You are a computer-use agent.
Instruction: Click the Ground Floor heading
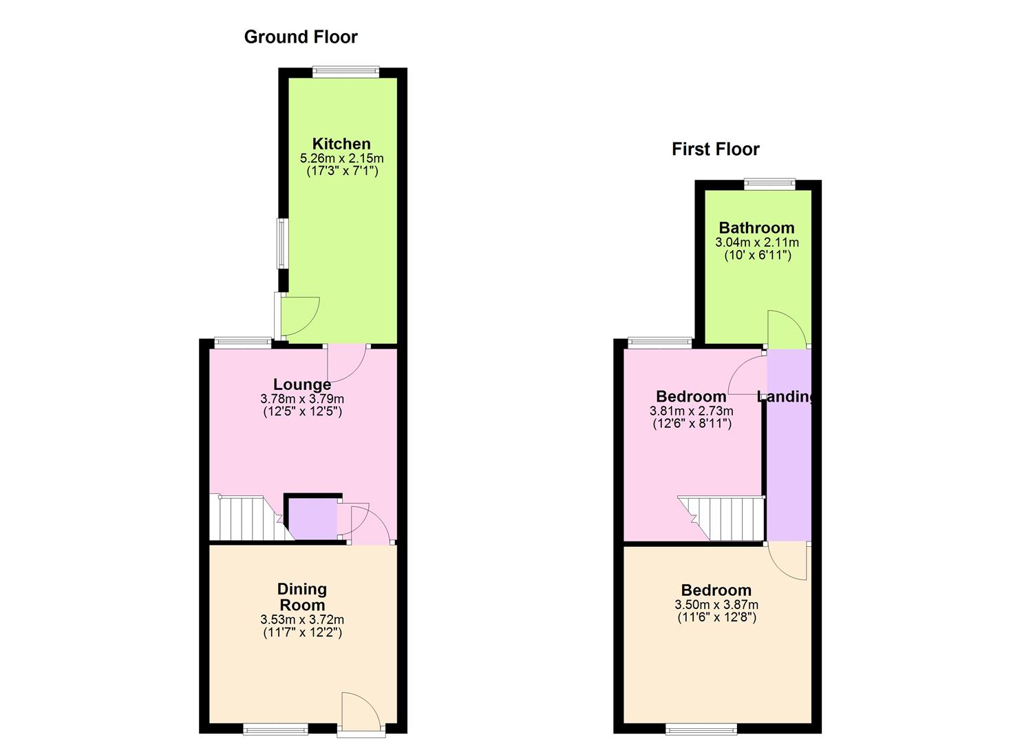301,37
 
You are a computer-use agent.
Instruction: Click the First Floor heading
715,149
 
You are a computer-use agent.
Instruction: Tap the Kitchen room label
341,144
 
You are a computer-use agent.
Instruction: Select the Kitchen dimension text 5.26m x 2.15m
341,158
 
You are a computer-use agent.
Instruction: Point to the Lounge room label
302,384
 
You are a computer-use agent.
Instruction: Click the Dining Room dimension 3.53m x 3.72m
302,620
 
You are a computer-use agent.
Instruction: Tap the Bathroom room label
756,228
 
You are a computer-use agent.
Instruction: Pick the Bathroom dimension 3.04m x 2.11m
757,242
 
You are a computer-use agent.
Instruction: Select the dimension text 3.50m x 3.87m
716,605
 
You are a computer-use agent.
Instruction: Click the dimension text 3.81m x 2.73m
691,411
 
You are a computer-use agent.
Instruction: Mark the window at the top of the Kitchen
345,71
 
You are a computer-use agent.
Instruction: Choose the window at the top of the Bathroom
769,183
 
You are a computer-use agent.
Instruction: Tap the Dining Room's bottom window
275,728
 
